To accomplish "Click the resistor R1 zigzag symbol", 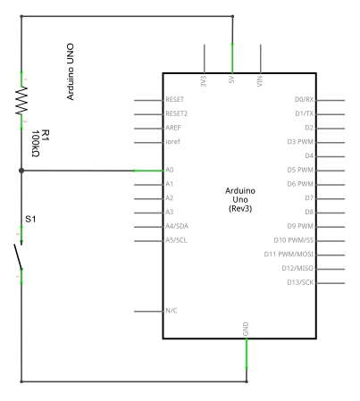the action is click(x=21, y=101).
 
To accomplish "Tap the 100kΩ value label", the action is click(x=35, y=144).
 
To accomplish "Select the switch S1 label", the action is click(x=30, y=219).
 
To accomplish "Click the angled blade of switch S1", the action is click(x=18, y=256).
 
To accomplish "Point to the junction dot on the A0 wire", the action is click(x=21, y=171).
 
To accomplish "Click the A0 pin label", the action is click(x=170, y=170).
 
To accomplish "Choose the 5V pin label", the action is click(x=231, y=79).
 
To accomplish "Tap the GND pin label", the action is click(x=246, y=329).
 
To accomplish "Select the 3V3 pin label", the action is click(x=204, y=81).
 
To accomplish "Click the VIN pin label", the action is click(x=260, y=81).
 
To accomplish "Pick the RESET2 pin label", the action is click(x=177, y=113).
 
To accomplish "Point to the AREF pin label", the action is click(x=173, y=128).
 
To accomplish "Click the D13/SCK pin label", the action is click(x=300, y=282).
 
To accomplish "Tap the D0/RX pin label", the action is click(x=304, y=99).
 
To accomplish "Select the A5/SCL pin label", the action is click(x=176, y=240).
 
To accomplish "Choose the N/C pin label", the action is click(x=172, y=311).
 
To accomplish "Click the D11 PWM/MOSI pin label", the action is click(x=289, y=254).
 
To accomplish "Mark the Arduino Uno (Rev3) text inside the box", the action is click(x=240, y=199).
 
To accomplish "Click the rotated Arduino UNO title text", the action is click(x=70, y=71).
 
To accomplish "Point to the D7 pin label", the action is click(x=309, y=197).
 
